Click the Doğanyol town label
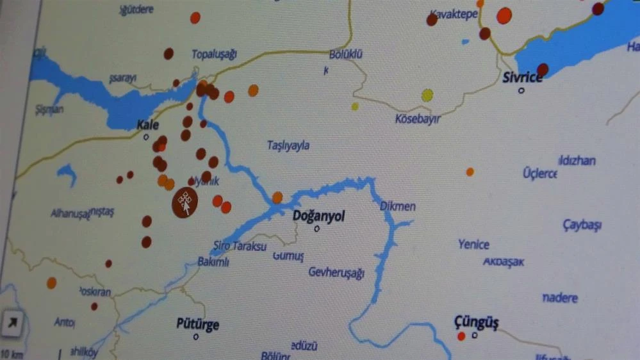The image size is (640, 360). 318,217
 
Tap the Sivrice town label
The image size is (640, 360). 522,78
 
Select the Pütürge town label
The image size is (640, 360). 197,324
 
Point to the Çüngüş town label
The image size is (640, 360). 476,322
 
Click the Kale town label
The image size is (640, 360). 148,125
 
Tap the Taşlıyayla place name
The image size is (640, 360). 288,145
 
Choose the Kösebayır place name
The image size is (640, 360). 418,119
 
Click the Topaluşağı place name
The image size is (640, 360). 215,54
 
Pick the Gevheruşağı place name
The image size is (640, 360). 336,273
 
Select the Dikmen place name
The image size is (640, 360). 398,206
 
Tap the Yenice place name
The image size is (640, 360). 474,244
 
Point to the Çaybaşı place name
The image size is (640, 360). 582,225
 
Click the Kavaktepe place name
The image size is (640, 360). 454,14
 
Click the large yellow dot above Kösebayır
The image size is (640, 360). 427,95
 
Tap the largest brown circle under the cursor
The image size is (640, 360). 185,202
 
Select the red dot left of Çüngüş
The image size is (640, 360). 461,336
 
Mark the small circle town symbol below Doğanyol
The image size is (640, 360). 316,228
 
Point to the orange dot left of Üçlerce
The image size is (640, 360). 470,172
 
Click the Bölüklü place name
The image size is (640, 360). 346,54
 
